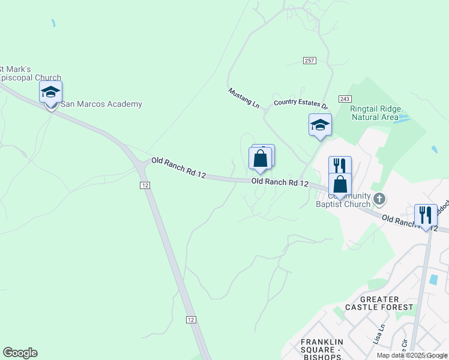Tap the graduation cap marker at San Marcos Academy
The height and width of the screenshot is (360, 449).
(51, 92)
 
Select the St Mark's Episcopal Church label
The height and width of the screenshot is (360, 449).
(30, 73)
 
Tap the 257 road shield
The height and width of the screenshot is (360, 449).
(310, 61)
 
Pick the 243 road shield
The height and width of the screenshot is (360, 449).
(344, 98)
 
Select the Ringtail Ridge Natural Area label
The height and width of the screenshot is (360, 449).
(374, 113)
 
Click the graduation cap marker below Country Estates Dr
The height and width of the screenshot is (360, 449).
(320, 125)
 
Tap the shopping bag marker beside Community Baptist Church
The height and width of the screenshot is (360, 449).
(340, 184)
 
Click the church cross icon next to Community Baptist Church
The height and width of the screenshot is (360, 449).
(379, 198)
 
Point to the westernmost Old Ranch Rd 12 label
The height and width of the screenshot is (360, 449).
(178, 169)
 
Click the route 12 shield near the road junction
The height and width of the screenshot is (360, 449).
(145, 185)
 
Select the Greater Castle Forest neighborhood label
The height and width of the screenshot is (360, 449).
(387, 303)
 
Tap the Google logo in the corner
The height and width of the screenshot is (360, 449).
(20, 353)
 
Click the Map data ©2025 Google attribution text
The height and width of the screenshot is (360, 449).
(412, 355)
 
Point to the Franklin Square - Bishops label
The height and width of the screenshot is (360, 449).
(321, 350)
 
